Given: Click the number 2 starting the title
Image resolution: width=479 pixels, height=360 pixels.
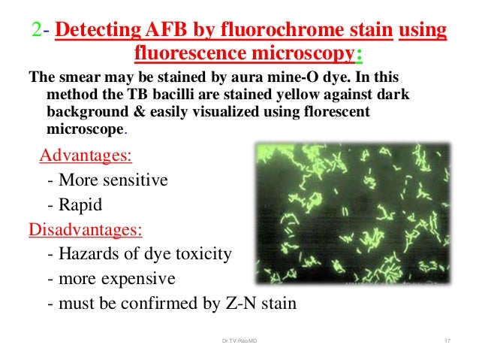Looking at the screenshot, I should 36,32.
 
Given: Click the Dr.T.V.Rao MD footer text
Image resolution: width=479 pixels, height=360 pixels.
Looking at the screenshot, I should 239,343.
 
